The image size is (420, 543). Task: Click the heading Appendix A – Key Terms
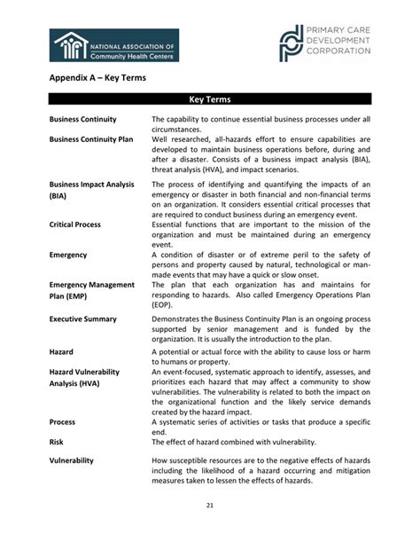[97, 78]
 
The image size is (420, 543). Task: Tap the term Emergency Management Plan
[91, 285]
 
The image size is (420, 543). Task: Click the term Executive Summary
[85, 318]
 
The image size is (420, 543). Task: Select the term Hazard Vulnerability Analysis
[91, 373]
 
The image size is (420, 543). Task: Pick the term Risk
[56, 441]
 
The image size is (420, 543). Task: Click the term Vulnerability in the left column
[73, 461]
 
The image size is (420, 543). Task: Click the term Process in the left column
[62, 422]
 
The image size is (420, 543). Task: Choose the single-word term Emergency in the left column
[68, 255]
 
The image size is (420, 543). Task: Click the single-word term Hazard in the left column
[62, 351]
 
